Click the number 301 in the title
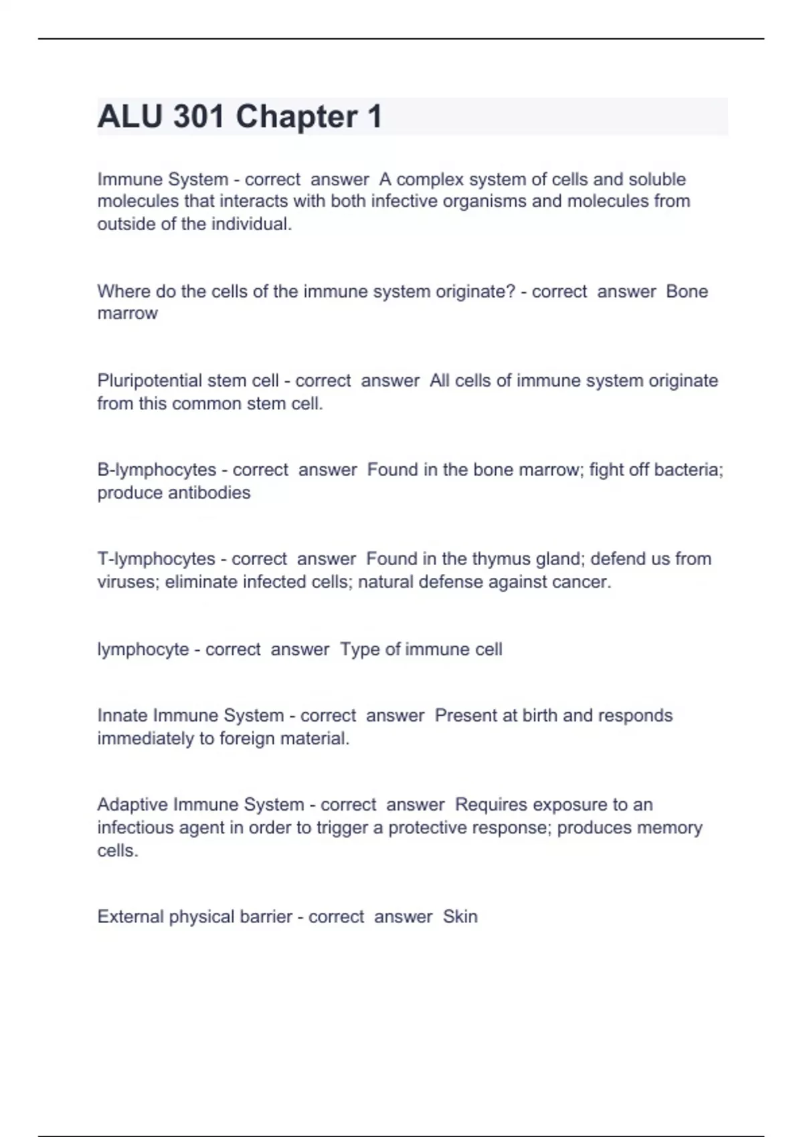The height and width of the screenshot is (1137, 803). pyautogui.click(x=199, y=116)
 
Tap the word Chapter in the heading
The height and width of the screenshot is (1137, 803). pyautogui.click(x=296, y=116)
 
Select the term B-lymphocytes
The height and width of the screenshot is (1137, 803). pyautogui.click(x=157, y=470)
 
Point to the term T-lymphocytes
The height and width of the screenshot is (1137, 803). pyautogui.click(x=156, y=558)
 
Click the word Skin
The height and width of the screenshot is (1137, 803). pyautogui.click(x=460, y=916)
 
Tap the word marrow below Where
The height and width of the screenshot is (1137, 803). pyautogui.click(x=127, y=314)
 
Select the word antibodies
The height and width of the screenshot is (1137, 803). pyautogui.click(x=209, y=493)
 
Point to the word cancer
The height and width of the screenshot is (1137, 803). pyautogui.click(x=584, y=582)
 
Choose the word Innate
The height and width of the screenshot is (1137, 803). pyautogui.click(x=122, y=715)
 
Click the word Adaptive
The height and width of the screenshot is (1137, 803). pyautogui.click(x=132, y=805)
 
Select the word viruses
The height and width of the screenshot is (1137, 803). pyautogui.click(x=128, y=582)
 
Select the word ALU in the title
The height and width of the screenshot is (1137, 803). pyautogui.click(x=130, y=116)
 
